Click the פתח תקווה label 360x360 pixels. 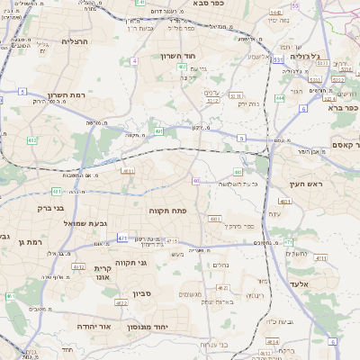coord(166,210)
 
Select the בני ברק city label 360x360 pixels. coord(32,208)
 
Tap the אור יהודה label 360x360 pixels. coord(93,327)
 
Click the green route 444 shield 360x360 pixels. coord(280,98)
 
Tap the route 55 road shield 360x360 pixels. coord(294,6)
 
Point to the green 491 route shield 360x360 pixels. coord(158,132)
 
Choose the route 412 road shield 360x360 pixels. coord(32,140)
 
